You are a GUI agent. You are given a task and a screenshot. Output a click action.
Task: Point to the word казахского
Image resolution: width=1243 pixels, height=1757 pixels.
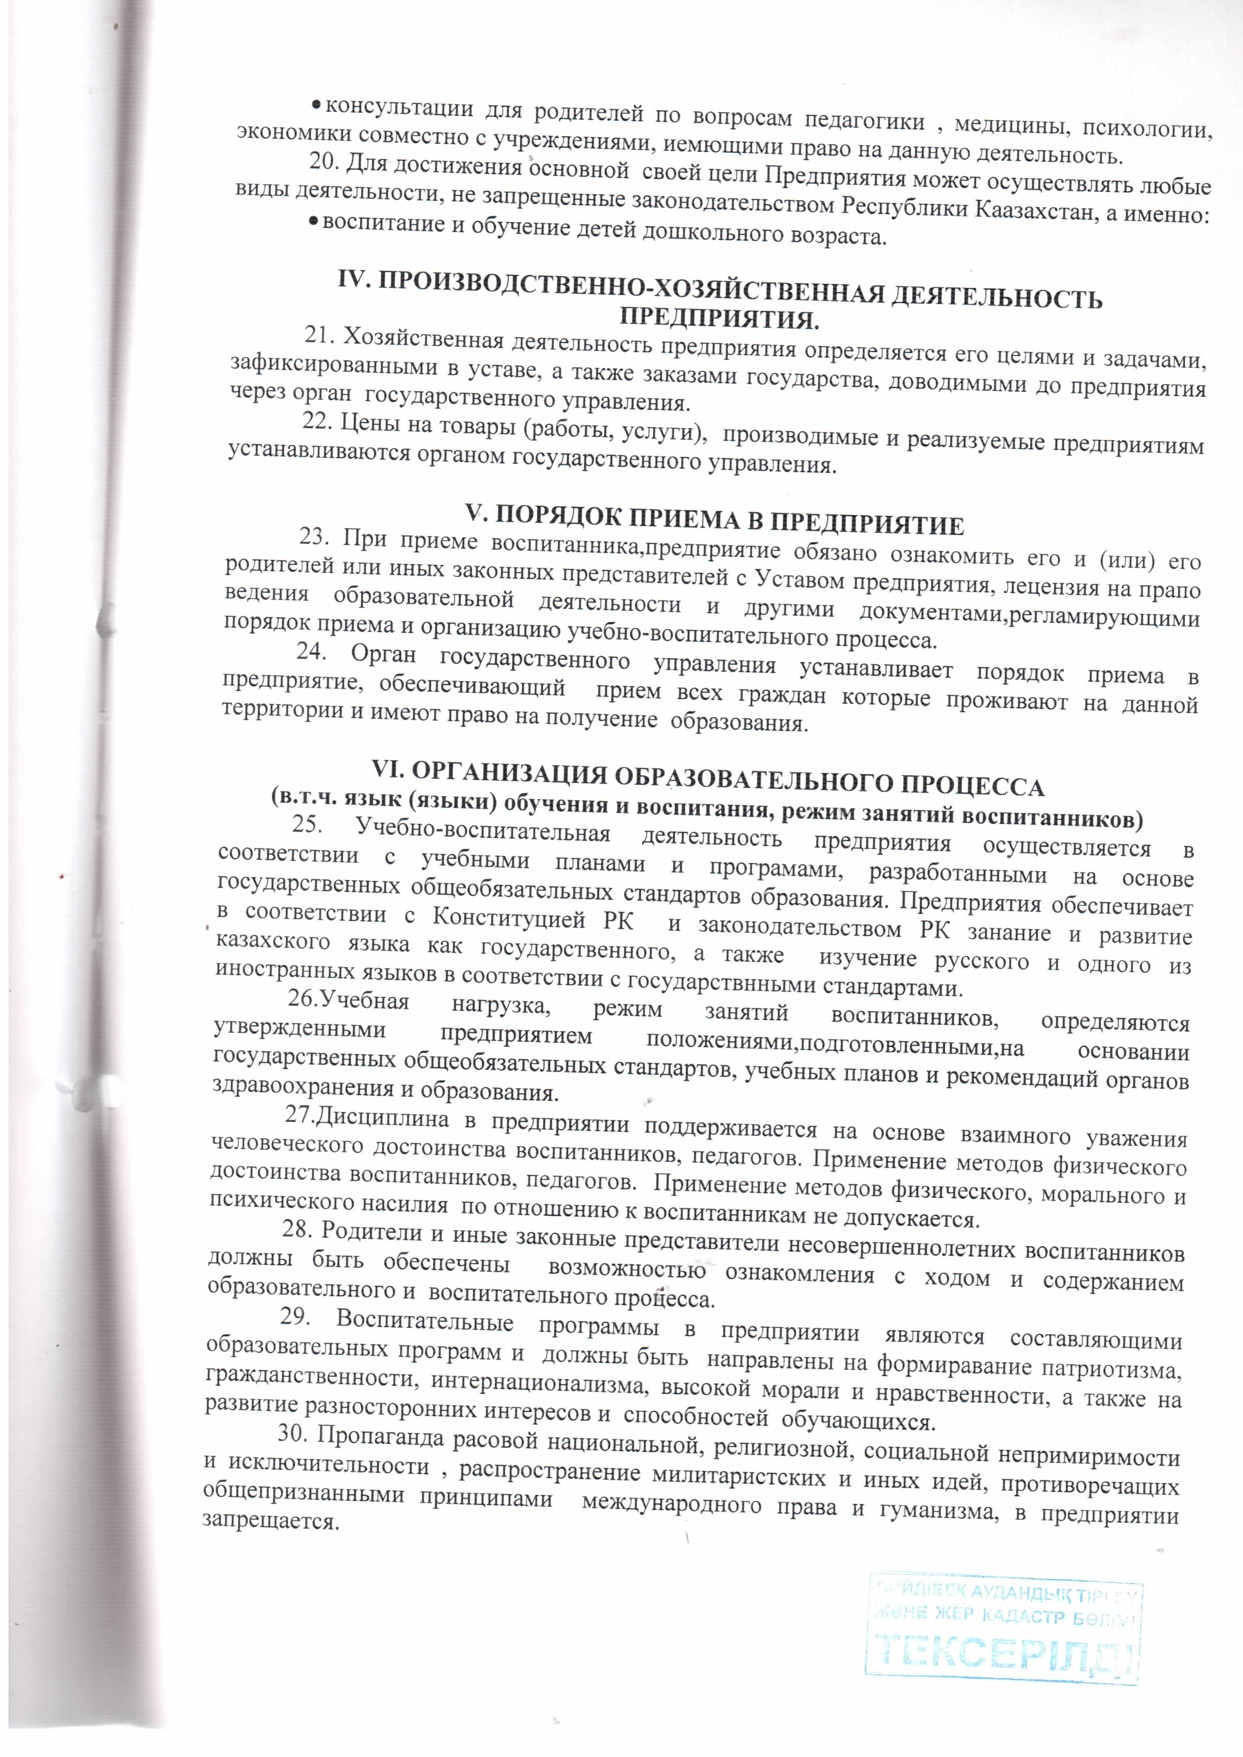click(x=273, y=941)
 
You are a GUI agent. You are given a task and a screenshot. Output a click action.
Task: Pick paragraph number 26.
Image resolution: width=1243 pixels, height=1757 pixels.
click(x=302, y=999)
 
